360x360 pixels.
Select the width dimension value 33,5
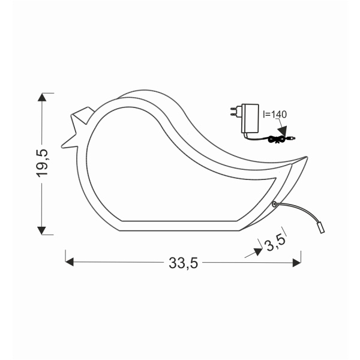pyautogui.click(x=182, y=262)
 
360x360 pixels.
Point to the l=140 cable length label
pyautogui.click(x=275, y=112)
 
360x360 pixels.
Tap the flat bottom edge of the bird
pyautogui.click(x=180, y=230)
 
